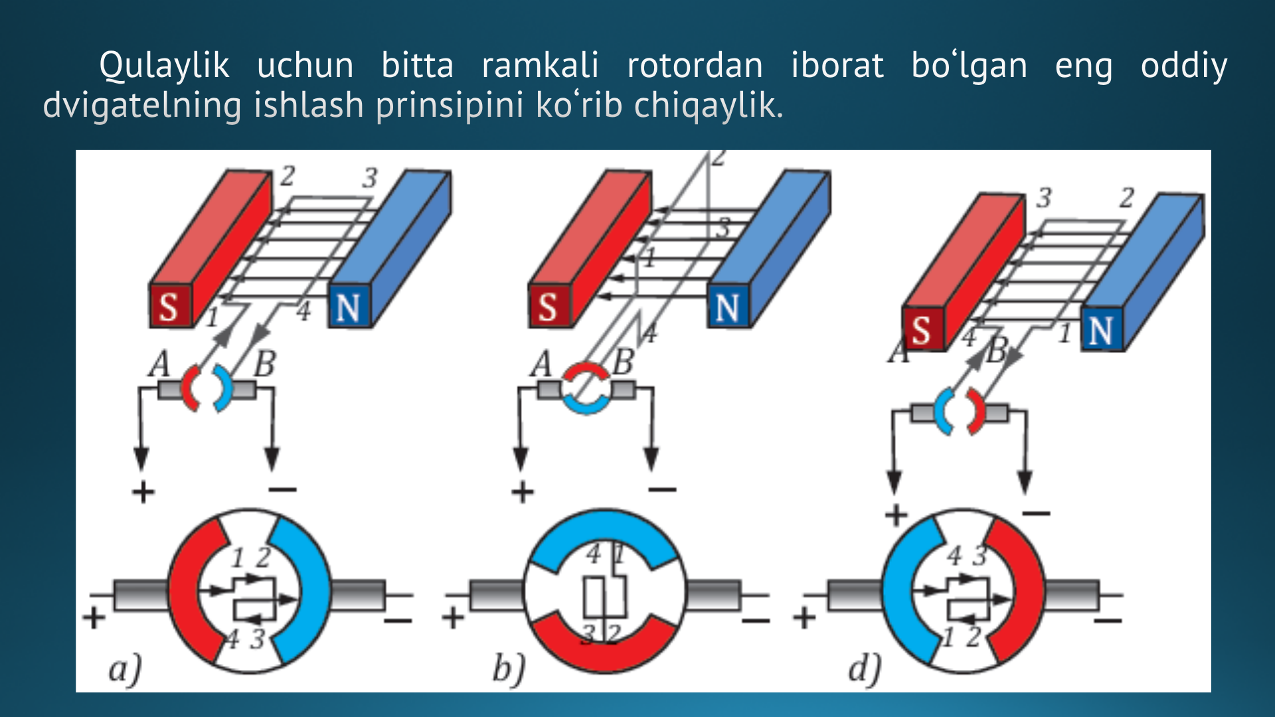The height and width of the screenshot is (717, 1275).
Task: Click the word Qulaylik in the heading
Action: coord(164,66)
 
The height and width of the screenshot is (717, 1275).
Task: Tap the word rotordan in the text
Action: coord(695,65)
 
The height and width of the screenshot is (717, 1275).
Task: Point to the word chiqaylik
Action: coord(709,106)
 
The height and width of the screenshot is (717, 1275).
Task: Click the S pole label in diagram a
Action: coord(169,307)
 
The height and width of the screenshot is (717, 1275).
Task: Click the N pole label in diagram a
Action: coord(348,308)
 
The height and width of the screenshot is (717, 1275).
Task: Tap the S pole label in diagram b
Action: coord(548,307)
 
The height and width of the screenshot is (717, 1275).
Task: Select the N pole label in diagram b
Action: coord(727,308)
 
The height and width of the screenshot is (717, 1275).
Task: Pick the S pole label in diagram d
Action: coord(921,330)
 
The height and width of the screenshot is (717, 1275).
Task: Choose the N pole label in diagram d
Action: coord(1100,331)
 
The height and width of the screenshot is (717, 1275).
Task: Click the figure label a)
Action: coord(126,669)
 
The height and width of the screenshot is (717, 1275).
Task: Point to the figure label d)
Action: coord(865,668)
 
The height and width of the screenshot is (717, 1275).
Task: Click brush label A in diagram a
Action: coord(159,364)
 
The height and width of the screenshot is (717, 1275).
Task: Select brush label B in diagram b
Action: coord(622,362)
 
